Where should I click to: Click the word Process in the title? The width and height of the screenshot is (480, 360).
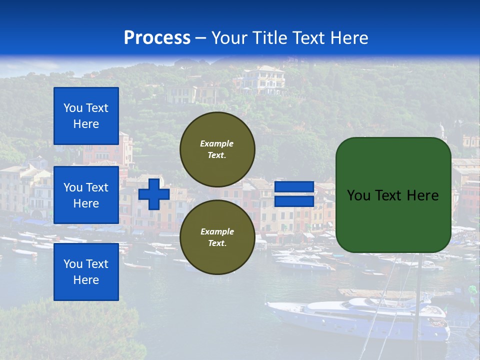(157, 38)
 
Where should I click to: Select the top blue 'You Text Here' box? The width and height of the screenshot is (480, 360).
(86, 116)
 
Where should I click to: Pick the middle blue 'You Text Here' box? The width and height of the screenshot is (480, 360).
(86, 195)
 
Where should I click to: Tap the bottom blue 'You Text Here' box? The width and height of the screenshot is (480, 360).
(86, 271)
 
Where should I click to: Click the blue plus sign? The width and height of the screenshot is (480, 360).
(154, 194)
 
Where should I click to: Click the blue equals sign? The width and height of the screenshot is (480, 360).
(294, 194)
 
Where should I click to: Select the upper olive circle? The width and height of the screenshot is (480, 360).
(217, 149)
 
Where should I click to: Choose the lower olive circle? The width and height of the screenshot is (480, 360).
(217, 237)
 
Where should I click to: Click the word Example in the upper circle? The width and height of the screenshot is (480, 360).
(216, 143)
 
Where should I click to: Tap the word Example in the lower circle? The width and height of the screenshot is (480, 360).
(217, 231)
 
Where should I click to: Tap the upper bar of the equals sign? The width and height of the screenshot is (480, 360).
(294, 187)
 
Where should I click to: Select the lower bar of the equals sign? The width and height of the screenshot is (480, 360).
(294, 201)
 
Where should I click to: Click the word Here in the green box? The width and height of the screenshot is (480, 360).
(422, 195)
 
